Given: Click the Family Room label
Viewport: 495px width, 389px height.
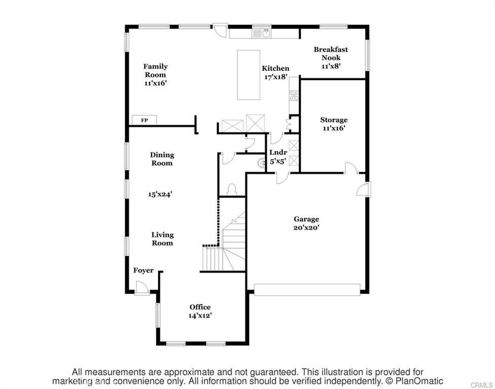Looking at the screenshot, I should click(155, 74).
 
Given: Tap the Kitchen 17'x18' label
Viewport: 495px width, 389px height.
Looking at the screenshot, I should click(275, 72).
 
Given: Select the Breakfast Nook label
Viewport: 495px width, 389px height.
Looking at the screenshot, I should click(331, 57).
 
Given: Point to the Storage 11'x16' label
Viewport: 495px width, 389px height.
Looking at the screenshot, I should click(334, 124).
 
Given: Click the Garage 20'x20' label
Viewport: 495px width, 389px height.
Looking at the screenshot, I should click(306, 223).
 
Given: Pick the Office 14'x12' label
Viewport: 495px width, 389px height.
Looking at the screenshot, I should click(200, 311).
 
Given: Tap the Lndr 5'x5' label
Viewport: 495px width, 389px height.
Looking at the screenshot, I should click(278, 157).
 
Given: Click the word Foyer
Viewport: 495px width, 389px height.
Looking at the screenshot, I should click(144, 270).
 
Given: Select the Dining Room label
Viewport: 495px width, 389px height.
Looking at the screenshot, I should click(162, 159).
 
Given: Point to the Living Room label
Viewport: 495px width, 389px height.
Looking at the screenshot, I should click(162, 239).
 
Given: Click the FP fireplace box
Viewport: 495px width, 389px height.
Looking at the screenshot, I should click(145, 120).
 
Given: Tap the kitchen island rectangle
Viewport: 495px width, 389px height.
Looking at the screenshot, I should click(249, 74).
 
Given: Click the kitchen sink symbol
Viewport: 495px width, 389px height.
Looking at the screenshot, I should click(266, 33).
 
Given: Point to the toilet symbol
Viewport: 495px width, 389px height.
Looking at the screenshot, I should click(232, 189).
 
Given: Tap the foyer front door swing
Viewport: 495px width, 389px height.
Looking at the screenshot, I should click(142, 288).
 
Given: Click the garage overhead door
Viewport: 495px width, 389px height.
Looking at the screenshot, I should click(307, 289).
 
